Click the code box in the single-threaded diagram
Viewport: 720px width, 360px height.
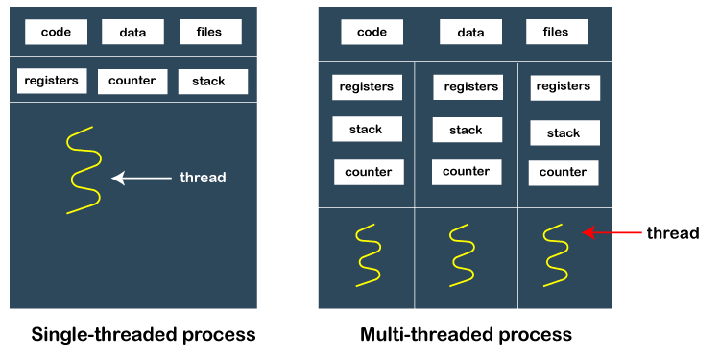(56, 32)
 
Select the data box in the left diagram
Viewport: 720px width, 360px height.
(132, 32)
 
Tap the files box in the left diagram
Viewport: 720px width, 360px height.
(209, 32)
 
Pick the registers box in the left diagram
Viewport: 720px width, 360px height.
(52, 81)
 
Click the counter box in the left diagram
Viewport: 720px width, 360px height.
(132, 81)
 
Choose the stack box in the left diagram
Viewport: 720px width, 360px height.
(211, 82)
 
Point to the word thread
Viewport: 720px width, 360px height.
(203, 178)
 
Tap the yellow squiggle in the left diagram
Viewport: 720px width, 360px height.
(83, 170)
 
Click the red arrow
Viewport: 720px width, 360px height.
(612, 232)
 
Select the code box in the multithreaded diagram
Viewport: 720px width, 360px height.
(372, 32)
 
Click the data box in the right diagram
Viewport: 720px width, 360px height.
(470, 32)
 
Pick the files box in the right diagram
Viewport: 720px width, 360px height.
(557, 32)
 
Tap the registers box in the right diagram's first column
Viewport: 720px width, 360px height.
(367, 87)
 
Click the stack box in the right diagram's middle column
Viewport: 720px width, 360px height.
(467, 130)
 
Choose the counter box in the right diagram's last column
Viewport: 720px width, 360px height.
(563, 173)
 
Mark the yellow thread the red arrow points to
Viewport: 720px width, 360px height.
(555, 255)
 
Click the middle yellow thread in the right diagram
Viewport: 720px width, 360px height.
(460, 255)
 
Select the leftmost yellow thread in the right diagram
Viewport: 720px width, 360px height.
(368, 255)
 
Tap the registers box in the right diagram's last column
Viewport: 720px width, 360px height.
(564, 87)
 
